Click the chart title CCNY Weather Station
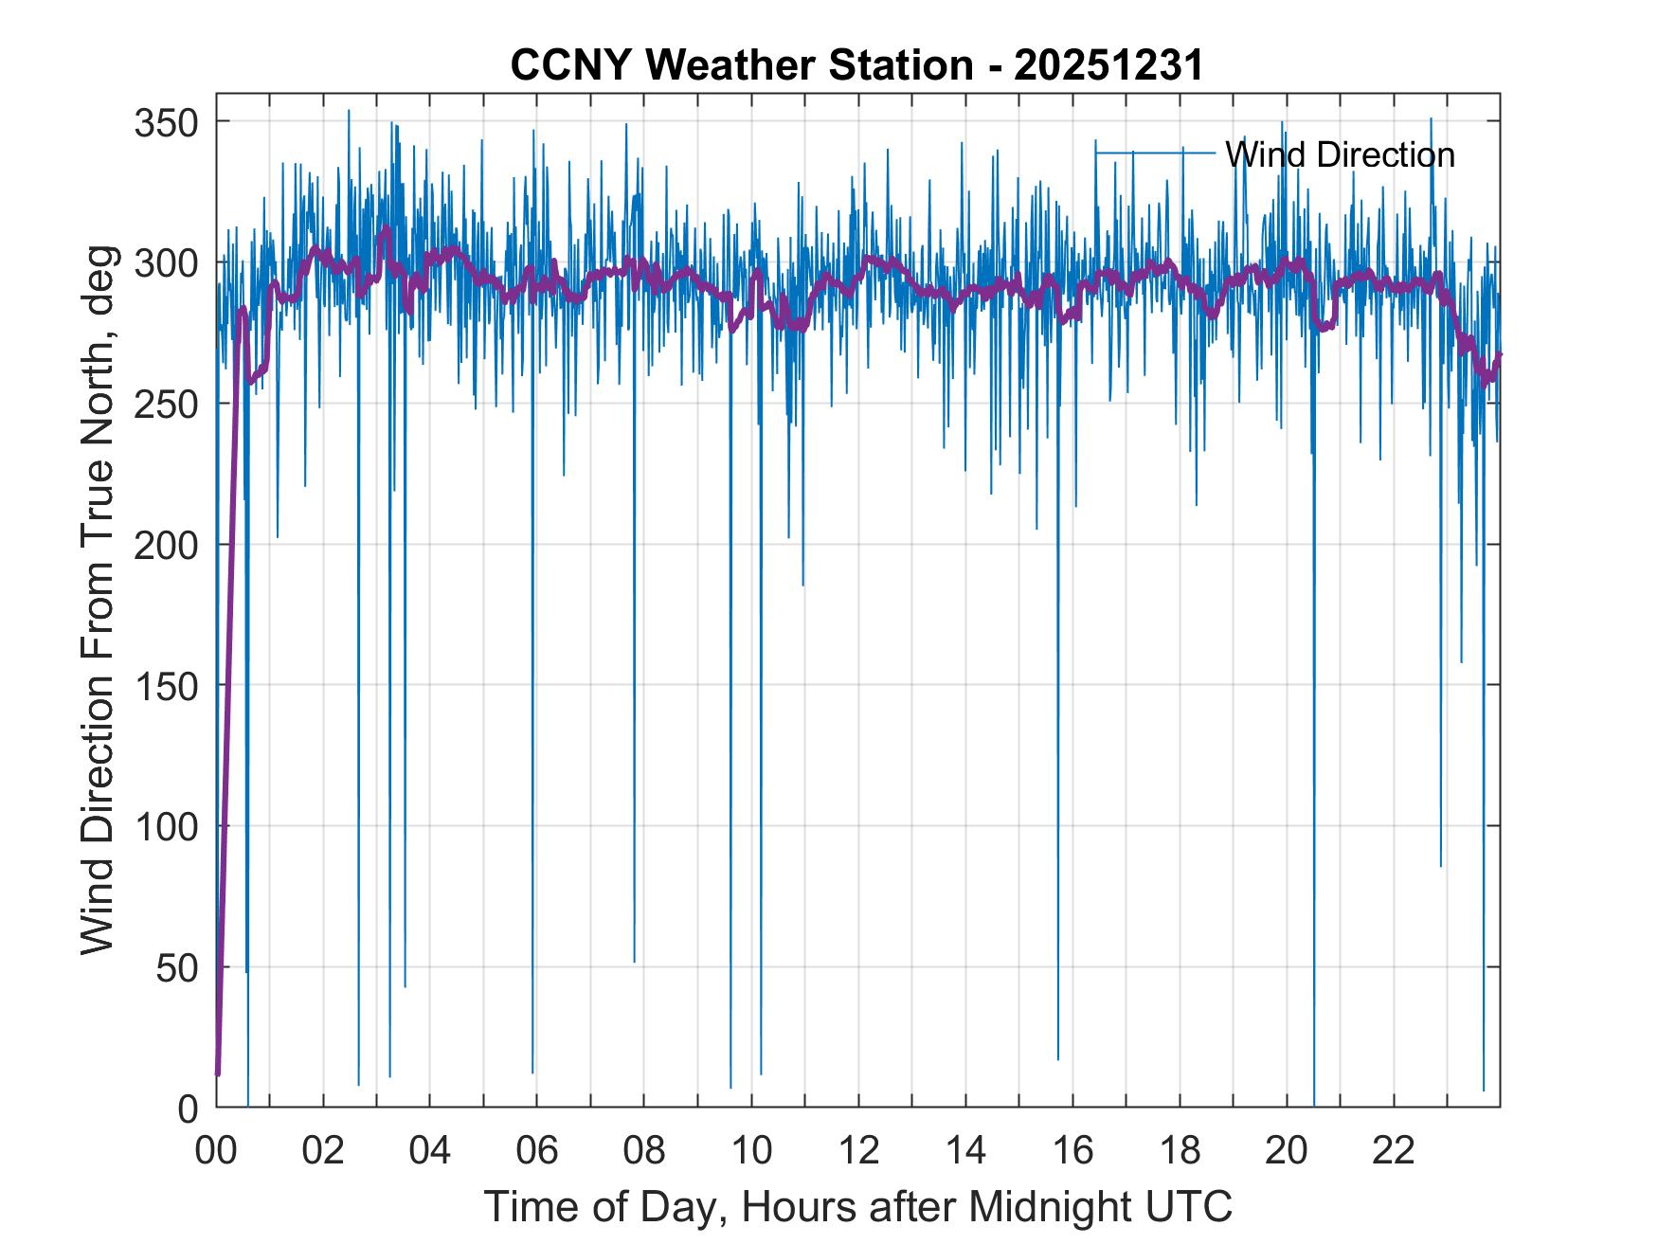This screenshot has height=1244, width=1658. (741, 65)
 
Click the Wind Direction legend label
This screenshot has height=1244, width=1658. (1339, 154)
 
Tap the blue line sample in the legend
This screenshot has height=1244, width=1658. (1155, 152)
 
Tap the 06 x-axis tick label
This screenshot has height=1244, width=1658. (537, 1151)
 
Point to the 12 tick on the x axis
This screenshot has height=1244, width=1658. (858, 1151)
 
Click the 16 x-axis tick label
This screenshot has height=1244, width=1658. (1072, 1151)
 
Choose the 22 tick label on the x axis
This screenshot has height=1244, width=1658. (1394, 1151)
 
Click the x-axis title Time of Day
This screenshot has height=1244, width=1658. (857, 1206)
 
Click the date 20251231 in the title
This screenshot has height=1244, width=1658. (1108, 65)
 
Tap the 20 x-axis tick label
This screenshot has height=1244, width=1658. (1287, 1151)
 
